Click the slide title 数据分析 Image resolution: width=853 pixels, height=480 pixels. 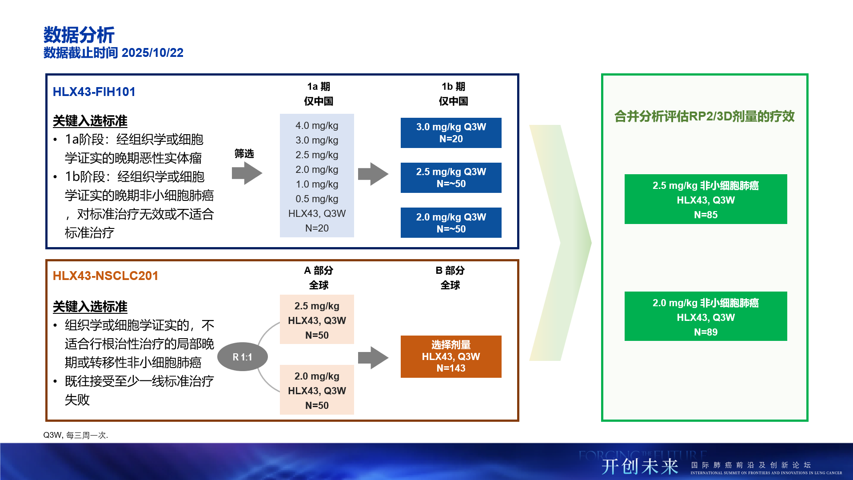(x=79, y=35)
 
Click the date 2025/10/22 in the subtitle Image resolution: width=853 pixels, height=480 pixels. (x=152, y=53)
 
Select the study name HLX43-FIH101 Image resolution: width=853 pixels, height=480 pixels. (x=94, y=92)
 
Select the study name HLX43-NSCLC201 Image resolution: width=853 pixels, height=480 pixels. (x=105, y=276)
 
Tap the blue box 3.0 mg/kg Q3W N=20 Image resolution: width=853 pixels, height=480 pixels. (x=451, y=133)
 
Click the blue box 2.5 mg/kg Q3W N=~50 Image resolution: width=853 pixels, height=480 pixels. (x=451, y=178)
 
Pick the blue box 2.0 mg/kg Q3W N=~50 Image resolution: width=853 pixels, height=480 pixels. (x=451, y=223)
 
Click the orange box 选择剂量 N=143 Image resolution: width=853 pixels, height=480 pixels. (x=451, y=356)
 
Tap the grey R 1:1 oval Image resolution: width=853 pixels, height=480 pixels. (x=243, y=357)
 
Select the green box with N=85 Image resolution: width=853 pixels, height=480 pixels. (x=706, y=199)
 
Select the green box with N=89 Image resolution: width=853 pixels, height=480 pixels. (x=706, y=316)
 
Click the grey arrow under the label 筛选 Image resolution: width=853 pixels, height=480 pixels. (x=247, y=173)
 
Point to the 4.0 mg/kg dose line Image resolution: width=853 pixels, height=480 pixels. (x=317, y=126)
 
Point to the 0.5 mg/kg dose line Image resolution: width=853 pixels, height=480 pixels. (x=317, y=199)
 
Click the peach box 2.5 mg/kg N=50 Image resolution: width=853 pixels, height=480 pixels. (x=317, y=320)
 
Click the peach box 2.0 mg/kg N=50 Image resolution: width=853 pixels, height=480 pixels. (x=317, y=390)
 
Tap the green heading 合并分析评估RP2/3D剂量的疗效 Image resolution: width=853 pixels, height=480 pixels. (x=704, y=116)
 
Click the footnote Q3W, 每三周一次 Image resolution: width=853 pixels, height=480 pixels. (x=76, y=435)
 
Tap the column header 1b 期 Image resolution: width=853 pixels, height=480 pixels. (x=453, y=87)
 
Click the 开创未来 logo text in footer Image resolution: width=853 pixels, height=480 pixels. (x=640, y=467)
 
